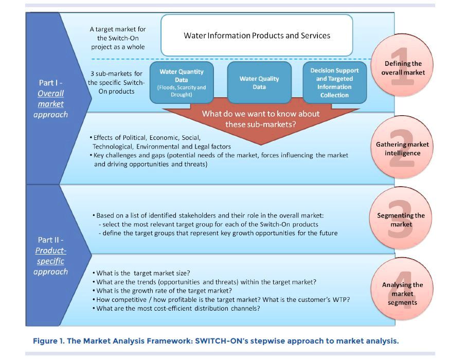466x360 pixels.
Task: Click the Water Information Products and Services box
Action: pos(257,35)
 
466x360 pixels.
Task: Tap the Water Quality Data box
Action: pos(259,83)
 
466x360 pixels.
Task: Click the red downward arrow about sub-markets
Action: pos(260,119)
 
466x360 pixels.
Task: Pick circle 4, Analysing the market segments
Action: pos(402,293)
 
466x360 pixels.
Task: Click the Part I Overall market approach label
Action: pos(50,98)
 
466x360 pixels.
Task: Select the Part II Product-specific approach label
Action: pos(50,256)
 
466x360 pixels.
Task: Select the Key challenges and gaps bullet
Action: pos(221,155)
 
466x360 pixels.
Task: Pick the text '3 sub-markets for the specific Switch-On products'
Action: pos(116,82)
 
